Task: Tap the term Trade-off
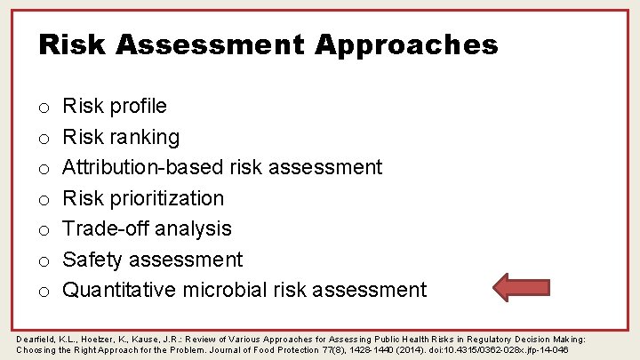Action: coord(102,228)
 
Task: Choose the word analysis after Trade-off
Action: coord(191,228)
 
